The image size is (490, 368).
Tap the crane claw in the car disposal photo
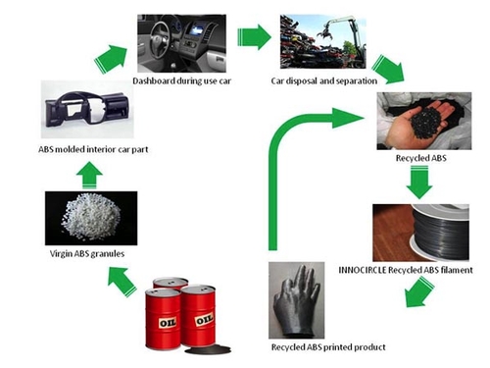pyautogui.click(x=324, y=33)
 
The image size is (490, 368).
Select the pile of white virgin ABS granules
pyautogui.click(x=91, y=217)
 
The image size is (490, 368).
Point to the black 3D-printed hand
pyautogui.click(x=297, y=301)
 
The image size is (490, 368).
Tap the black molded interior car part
pyautogui.click(x=87, y=109)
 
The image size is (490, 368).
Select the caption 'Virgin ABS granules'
pyautogui.click(x=87, y=253)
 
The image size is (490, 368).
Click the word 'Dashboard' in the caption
pyautogui.click(x=154, y=80)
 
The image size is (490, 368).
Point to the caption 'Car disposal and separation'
pyautogui.click(x=323, y=80)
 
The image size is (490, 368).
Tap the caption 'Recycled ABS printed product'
pyautogui.click(x=328, y=347)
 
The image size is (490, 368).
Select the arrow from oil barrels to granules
pyautogui.click(x=122, y=281)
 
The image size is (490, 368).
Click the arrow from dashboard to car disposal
pyautogui.click(x=254, y=37)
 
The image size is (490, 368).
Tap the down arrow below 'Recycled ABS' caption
pyautogui.click(x=419, y=183)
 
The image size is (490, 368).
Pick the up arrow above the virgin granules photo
pyautogui.click(x=89, y=175)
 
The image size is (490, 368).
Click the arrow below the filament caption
pyautogui.click(x=419, y=292)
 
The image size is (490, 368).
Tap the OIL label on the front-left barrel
pyautogui.click(x=168, y=323)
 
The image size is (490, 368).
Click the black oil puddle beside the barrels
pyautogui.click(x=208, y=350)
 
